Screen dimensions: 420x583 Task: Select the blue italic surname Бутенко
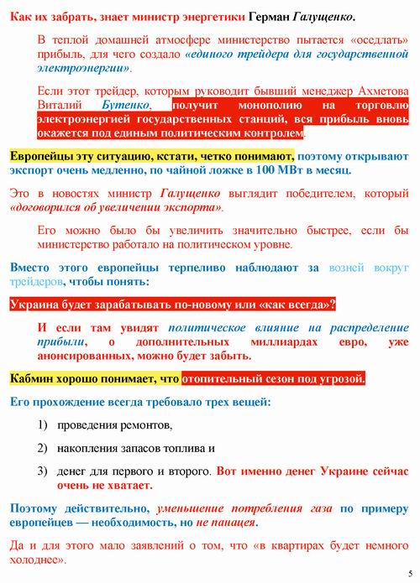(125, 106)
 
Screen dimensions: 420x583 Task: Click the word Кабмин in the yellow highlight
(32, 378)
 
